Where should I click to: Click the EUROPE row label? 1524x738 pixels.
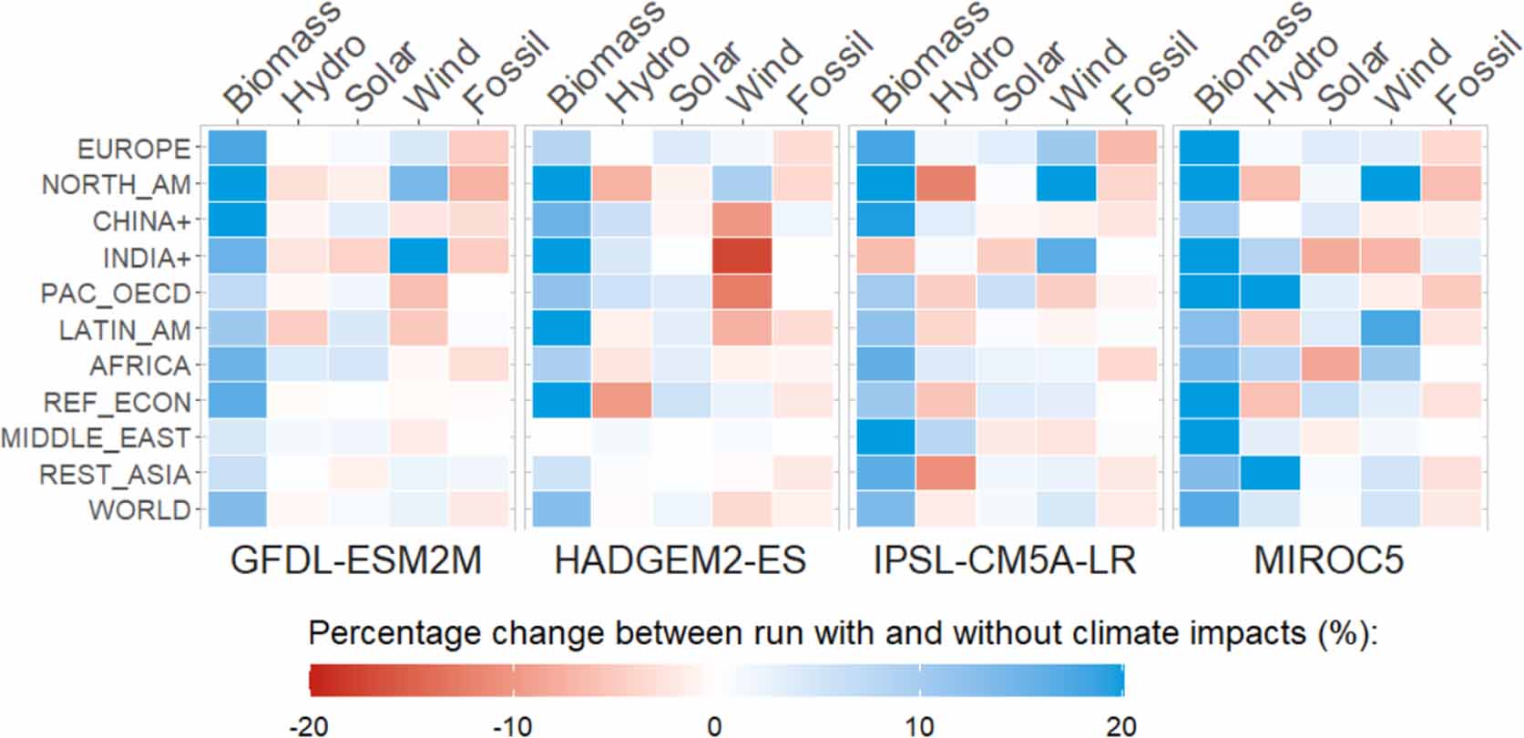133,149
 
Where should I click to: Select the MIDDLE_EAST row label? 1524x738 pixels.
96,438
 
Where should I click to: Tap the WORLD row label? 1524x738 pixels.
139,510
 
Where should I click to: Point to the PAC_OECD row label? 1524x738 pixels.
116,293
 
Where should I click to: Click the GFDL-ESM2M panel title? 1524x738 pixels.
356,560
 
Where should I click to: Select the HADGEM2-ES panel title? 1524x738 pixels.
680,560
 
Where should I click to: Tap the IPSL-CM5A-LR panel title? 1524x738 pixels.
1005,560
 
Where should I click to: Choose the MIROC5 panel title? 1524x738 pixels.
1329,560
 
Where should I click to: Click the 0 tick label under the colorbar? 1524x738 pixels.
715,726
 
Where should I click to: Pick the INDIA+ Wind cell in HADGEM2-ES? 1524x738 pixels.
742,257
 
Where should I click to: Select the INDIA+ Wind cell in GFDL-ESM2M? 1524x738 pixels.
418,257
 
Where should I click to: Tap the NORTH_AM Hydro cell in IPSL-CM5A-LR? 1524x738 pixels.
946,184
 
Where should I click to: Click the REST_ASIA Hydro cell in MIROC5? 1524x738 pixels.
1270,474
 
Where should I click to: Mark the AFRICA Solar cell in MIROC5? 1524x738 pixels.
1330,365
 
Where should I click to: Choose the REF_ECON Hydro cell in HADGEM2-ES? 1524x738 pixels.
621,402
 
